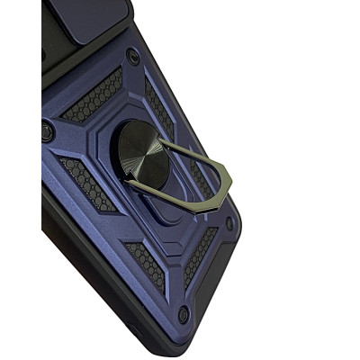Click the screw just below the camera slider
pos(133,56)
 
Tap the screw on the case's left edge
pos(47,132)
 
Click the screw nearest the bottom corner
pos(184,314)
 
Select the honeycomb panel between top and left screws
pos(92,96)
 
